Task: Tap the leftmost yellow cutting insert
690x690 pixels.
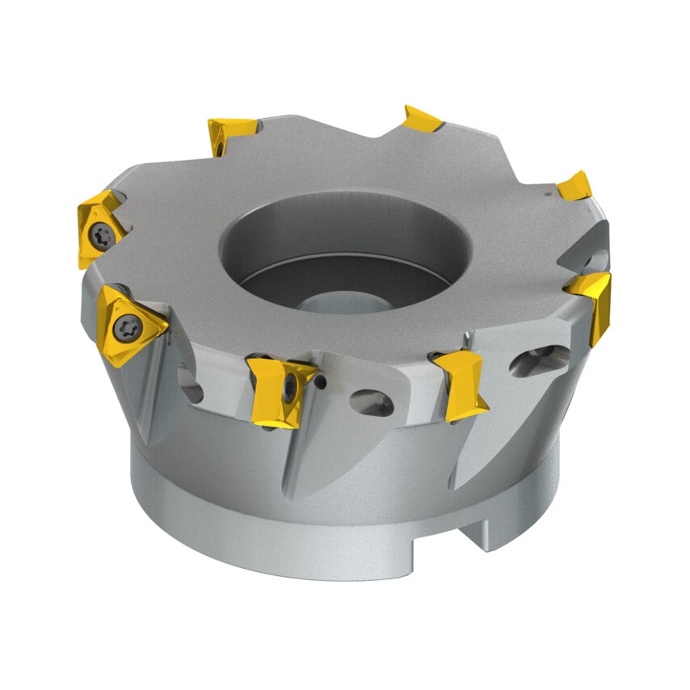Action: [99, 228]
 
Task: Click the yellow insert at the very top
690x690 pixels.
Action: [423, 120]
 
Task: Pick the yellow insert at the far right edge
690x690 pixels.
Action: [592, 303]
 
